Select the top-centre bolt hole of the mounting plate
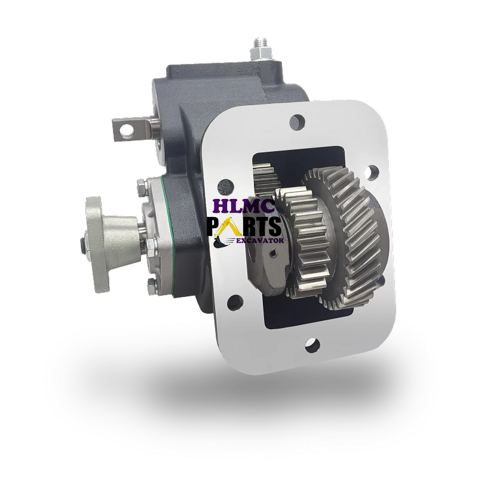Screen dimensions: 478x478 click(297, 122)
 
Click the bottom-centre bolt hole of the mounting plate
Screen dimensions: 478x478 click(312, 345)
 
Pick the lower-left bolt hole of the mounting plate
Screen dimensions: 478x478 click(235, 302)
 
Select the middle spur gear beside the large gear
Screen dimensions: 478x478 click(301, 243)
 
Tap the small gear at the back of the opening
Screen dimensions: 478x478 click(265, 180)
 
